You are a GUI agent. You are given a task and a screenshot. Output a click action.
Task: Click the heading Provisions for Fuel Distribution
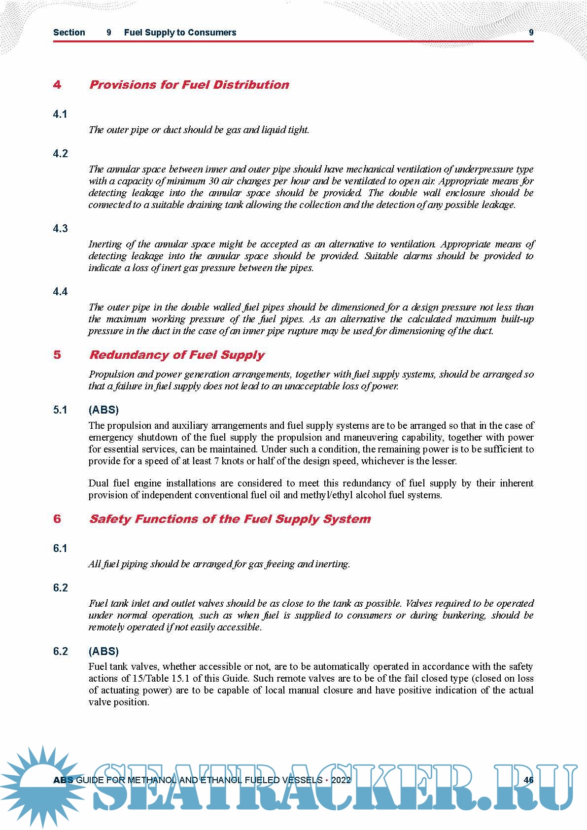tap(189, 85)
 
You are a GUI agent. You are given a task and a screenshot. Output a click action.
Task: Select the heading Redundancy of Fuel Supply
tap(176, 355)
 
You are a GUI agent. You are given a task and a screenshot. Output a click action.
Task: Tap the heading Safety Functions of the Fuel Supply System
tap(230, 519)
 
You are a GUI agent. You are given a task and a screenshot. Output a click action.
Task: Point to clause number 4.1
tap(60, 114)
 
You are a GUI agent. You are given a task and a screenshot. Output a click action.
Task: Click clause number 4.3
tap(60, 229)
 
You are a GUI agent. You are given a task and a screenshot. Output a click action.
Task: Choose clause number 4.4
tap(60, 292)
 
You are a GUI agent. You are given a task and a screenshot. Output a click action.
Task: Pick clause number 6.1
tap(60, 549)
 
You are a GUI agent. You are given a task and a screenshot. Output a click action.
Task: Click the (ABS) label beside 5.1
tap(104, 410)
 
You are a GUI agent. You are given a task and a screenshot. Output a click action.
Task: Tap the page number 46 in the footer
tap(528, 780)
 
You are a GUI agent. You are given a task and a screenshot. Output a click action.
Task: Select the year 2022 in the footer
tap(341, 780)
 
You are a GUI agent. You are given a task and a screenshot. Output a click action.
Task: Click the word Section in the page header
tap(69, 33)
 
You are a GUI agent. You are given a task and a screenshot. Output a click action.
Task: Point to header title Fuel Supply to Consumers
tap(180, 33)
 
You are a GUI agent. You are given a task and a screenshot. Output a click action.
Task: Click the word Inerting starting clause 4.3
tap(105, 244)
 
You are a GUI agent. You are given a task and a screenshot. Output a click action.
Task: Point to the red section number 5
tap(57, 355)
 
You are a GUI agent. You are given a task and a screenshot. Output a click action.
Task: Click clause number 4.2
tap(60, 154)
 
